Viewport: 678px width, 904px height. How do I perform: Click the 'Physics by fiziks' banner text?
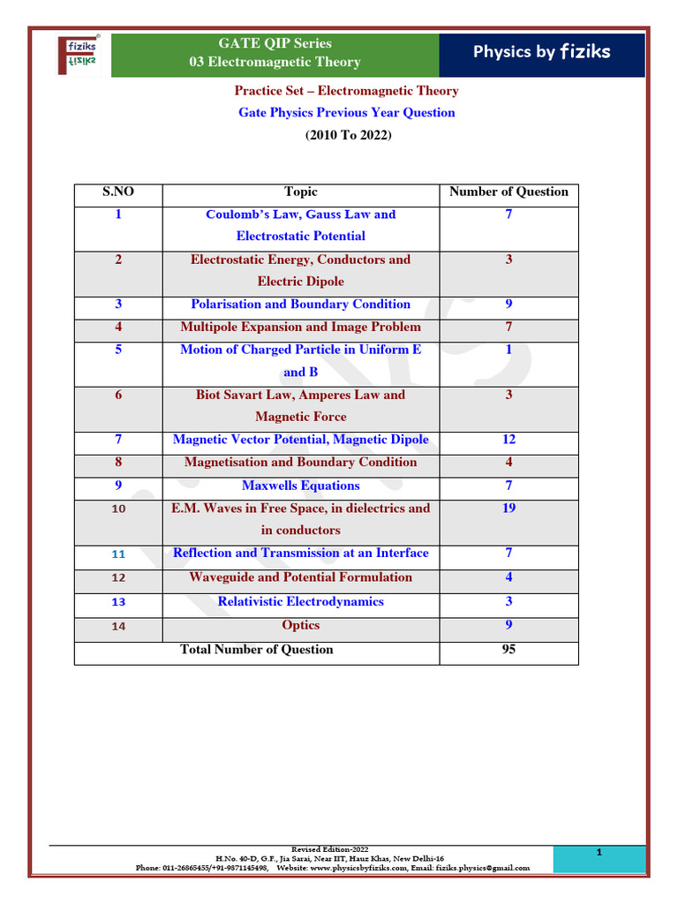pyautogui.click(x=541, y=52)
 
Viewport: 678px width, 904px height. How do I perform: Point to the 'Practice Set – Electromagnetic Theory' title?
pyautogui.click(x=346, y=91)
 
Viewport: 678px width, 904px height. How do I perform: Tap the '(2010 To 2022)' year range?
pyautogui.click(x=346, y=135)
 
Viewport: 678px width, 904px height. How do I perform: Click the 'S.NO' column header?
pyautogui.click(x=118, y=192)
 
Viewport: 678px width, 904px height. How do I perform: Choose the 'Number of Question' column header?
pyautogui.click(x=508, y=192)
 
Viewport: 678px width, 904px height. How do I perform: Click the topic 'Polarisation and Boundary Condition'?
pyautogui.click(x=300, y=304)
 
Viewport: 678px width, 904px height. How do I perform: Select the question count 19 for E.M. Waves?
pyautogui.click(x=508, y=508)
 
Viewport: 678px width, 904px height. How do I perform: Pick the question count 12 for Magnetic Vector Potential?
pyautogui.click(x=508, y=439)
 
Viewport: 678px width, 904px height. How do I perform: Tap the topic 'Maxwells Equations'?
pyautogui.click(x=300, y=486)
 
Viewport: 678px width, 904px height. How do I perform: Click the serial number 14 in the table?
pyautogui.click(x=118, y=626)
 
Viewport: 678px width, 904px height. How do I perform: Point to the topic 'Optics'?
pyautogui.click(x=300, y=625)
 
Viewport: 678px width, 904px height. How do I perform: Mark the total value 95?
pyautogui.click(x=508, y=649)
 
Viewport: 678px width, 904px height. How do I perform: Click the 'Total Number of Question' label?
pyautogui.click(x=256, y=649)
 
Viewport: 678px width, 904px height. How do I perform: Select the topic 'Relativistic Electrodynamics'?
pyautogui.click(x=300, y=601)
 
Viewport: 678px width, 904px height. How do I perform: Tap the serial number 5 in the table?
pyautogui.click(x=118, y=350)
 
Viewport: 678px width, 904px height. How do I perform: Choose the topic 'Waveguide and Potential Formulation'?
pyautogui.click(x=300, y=577)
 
